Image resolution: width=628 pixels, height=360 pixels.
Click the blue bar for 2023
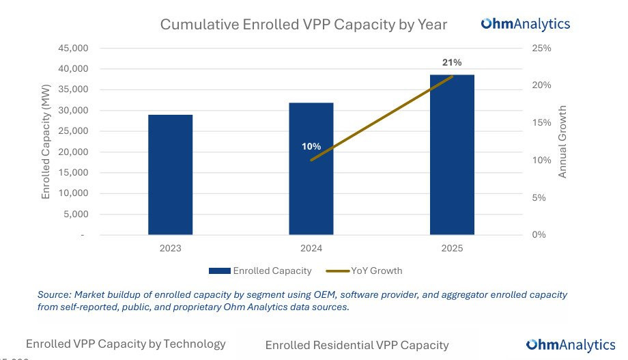[x=170, y=175]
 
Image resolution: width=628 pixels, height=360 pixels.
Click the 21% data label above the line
[x=452, y=63]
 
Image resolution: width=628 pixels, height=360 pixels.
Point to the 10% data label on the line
[x=311, y=146]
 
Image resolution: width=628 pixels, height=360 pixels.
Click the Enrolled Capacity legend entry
[x=260, y=271]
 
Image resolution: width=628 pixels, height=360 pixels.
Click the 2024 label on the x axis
[x=311, y=248]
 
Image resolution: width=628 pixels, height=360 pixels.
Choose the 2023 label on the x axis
[x=170, y=248]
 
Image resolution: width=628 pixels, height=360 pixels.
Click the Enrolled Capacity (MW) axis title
[x=46, y=141]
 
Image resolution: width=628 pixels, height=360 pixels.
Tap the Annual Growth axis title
[x=562, y=141]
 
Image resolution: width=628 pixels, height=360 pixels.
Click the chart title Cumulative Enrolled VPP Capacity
[x=303, y=25]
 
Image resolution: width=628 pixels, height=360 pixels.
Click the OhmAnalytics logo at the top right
[x=526, y=24]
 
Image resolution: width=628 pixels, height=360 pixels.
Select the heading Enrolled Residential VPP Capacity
[x=357, y=345]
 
